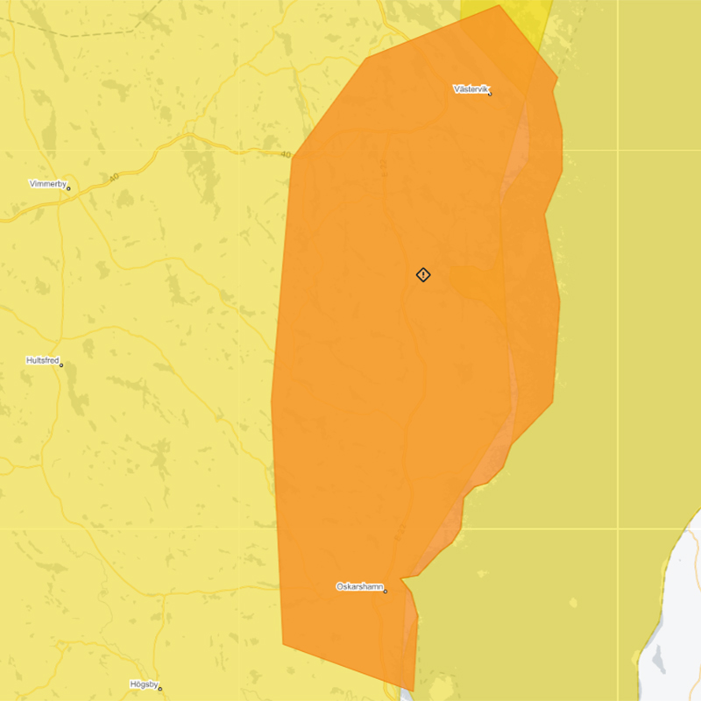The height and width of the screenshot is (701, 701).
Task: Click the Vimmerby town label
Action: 46,184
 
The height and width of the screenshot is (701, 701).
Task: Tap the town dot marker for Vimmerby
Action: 68,188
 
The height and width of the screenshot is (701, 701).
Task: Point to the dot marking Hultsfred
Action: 61,365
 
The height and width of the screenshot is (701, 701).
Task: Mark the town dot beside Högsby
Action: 159,689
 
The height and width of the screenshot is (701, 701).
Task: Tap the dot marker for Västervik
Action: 490,94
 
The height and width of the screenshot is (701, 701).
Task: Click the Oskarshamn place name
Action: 359,586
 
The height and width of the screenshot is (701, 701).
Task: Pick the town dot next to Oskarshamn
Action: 385,591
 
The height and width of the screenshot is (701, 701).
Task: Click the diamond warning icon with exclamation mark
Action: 423,275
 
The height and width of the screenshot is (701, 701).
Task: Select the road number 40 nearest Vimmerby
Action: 114,178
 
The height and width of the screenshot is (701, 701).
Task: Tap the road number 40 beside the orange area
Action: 286,155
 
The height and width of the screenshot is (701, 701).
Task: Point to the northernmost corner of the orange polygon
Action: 499,5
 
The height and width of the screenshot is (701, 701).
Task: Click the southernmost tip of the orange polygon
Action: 413,690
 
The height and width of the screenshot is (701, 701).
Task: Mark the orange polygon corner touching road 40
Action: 293,157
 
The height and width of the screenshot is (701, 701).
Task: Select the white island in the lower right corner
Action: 679,613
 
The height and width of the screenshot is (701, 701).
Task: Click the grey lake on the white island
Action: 655,655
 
